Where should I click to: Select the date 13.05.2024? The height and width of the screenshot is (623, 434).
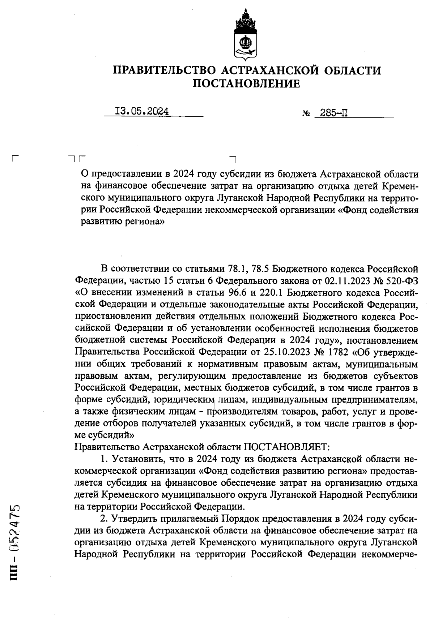click(142, 111)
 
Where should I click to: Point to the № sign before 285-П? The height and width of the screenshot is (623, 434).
click(306, 114)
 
